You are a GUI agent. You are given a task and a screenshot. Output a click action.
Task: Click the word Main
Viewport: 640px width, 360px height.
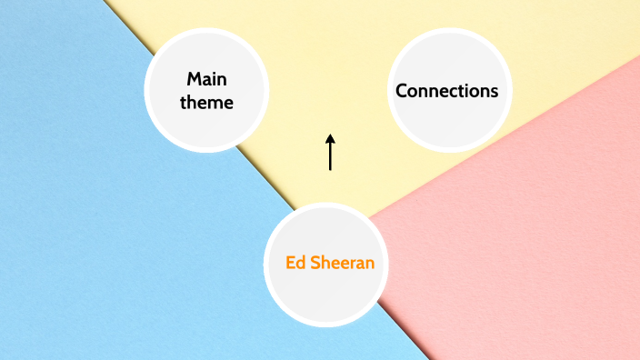tap(206, 79)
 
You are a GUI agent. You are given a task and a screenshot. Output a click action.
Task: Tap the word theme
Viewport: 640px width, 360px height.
tap(206, 103)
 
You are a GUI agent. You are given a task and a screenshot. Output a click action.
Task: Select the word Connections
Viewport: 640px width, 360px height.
tap(446, 91)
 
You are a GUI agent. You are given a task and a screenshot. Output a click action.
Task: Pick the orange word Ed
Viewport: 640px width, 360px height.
tap(295, 263)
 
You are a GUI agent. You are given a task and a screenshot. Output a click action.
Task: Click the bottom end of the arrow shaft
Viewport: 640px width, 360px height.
tap(331, 170)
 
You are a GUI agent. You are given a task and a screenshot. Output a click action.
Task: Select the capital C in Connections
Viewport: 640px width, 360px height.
tap(401, 91)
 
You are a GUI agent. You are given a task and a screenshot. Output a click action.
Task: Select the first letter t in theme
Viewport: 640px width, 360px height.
tap(184, 103)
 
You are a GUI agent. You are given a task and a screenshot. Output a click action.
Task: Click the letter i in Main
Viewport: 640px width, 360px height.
tap(215, 79)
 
